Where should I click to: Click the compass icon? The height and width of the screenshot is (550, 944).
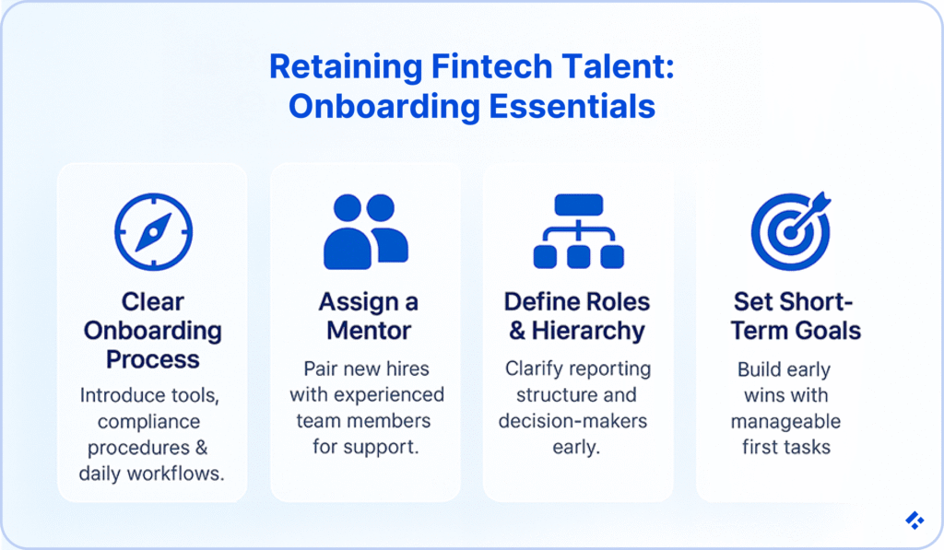tap(154, 231)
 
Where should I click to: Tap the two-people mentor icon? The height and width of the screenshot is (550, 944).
tap(366, 231)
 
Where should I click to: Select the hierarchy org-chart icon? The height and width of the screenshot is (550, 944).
tap(579, 231)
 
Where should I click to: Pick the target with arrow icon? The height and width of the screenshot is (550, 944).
tap(791, 231)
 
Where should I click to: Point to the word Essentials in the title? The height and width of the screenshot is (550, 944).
tap(572, 107)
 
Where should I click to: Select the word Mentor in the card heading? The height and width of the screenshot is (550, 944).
tap(369, 331)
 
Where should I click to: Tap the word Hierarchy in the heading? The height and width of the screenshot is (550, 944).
tap(588, 331)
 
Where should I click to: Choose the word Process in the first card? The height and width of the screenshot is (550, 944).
tap(153, 359)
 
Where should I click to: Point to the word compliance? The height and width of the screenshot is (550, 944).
tap(148, 422)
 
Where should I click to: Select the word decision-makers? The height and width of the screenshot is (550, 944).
tap(572, 421)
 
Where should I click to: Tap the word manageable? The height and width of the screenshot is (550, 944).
tap(785, 421)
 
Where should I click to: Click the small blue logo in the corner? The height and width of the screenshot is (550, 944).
tap(914, 521)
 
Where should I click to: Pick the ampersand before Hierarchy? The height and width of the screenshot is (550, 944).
tap(516, 331)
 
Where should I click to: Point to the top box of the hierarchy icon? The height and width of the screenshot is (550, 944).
tap(579, 205)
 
